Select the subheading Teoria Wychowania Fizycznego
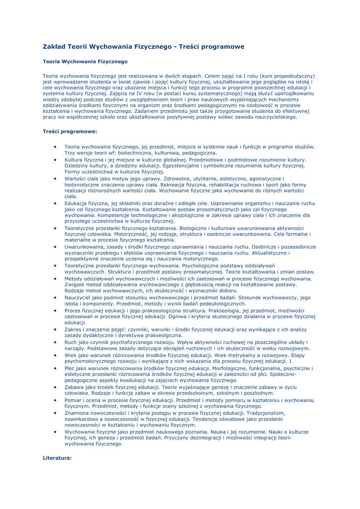[85, 62]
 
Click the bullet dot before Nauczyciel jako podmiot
[55, 297]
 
